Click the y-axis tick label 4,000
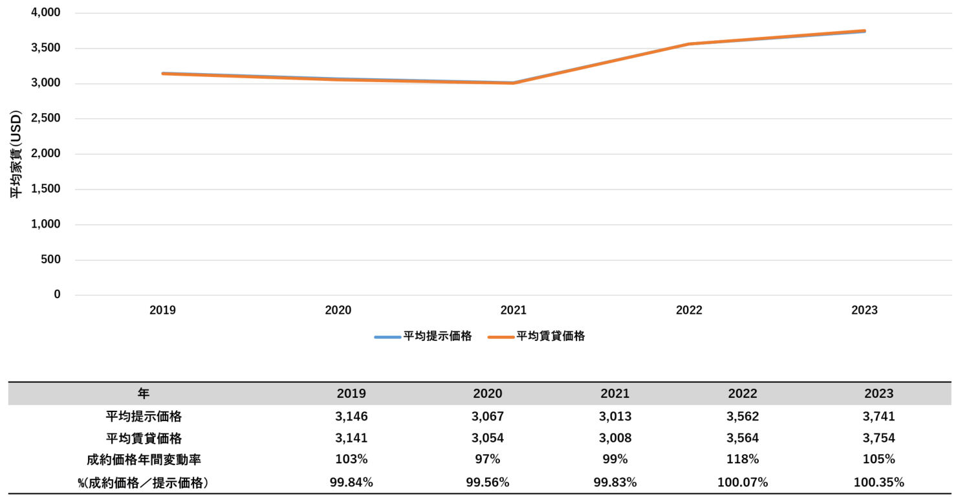45,13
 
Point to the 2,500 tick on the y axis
45,119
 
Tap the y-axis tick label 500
50,260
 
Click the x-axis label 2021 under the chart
514,310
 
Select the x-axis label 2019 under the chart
162,310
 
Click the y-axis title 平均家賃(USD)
16,154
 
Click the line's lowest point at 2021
514,83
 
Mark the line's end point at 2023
864,31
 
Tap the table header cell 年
143,393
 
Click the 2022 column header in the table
742,393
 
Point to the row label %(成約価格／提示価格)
143,482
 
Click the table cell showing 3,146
351,416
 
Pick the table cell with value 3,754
879,438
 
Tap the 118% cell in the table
742,460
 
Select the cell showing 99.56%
487,482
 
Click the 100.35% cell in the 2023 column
879,482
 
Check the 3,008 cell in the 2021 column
615,438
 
